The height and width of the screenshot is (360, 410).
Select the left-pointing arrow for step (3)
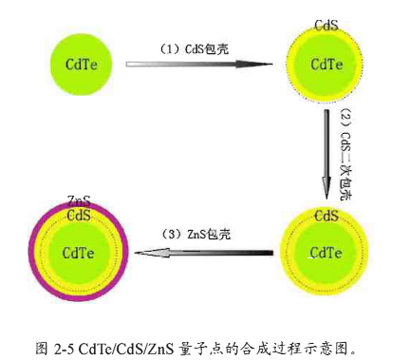click(x=204, y=253)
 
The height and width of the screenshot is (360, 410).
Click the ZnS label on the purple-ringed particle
click(x=80, y=202)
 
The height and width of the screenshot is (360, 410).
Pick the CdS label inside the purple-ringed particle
click(x=79, y=216)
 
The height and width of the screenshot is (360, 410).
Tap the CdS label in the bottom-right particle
click(x=326, y=217)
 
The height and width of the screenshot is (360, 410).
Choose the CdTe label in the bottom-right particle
click(x=326, y=252)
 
